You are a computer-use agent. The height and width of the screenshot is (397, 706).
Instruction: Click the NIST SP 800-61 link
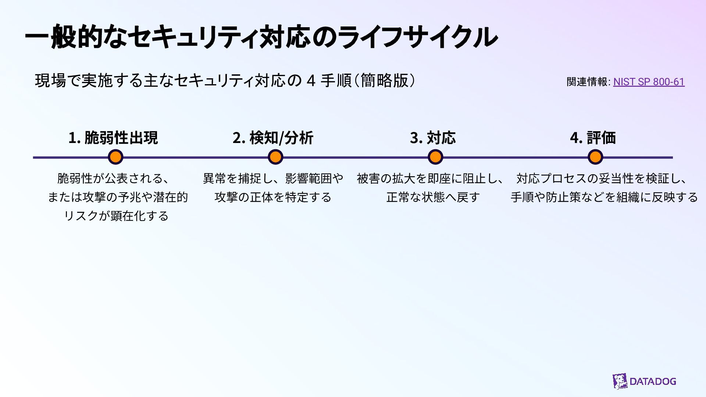click(x=649, y=82)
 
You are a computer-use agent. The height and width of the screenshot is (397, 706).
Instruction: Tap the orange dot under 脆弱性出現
click(x=115, y=157)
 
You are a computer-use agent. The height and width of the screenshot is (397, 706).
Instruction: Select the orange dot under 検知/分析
click(x=275, y=157)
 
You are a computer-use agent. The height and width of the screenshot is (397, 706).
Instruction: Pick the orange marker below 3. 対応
click(x=435, y=157)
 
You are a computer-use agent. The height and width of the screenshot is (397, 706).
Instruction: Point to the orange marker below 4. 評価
click(x=595, y=157)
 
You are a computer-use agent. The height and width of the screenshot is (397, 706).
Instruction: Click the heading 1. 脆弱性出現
click(x=113, y=138)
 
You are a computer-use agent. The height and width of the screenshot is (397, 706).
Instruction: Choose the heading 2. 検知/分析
click(x=273, y=138)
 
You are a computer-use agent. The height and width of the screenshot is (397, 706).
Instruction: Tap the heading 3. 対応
click(x=433, y=138)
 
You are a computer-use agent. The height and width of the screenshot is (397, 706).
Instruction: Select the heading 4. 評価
click(x=593, y=138)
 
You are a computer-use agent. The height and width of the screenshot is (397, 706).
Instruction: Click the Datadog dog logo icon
click(x=620, y=381)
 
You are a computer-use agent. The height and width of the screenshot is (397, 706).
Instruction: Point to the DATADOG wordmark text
click(x=653, y=382)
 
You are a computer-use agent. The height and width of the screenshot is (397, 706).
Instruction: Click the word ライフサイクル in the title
click(x=417, y=37)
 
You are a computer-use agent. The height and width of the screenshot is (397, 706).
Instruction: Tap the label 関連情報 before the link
click(x=587, y=82)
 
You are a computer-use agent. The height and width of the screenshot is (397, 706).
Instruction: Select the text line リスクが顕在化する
click(x=116, y=216)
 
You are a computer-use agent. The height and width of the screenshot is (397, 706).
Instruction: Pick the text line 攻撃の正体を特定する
click(x=273, y=197)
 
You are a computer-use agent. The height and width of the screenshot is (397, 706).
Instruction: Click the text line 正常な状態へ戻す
click(x=433, y=197)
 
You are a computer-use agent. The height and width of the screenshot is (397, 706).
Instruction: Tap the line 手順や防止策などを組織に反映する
click(x=604, y=197)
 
